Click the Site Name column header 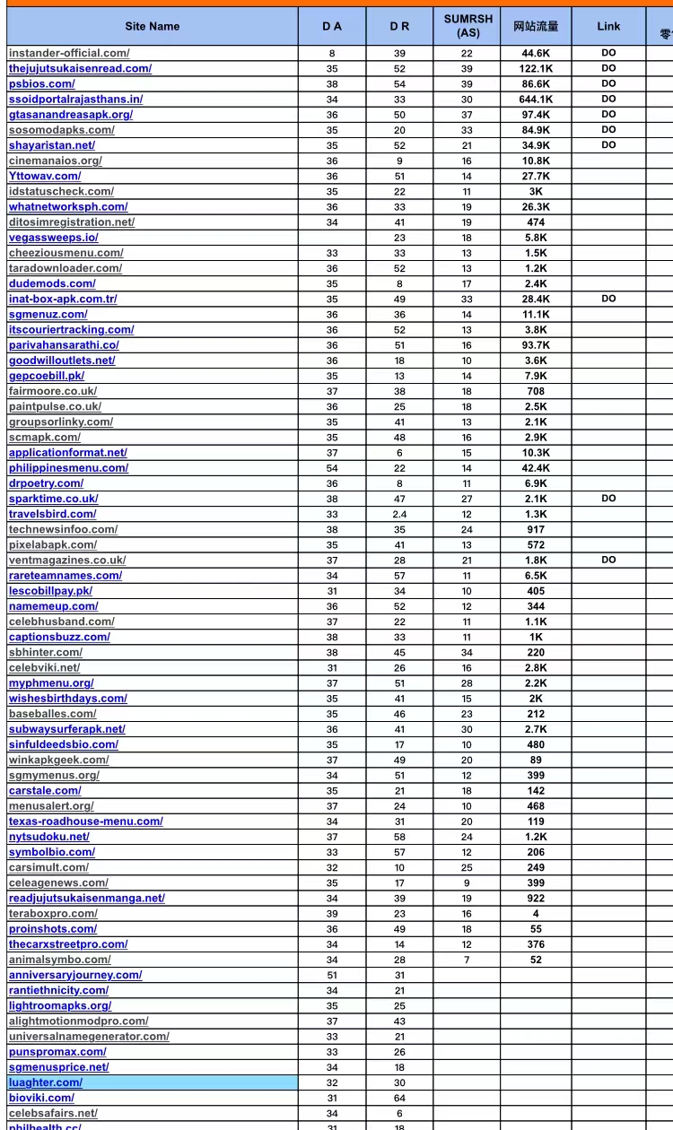tap(152, 26)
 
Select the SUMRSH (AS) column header tap(468, 26)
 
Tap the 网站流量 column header tap(536, 26)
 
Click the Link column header tap(608, 26)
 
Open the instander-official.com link tap(69, 53)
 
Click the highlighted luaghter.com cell tap(46, 1082)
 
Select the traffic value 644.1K tap(536, 100)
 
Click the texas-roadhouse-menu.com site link tap(86, 821)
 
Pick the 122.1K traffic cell tap(536, 69)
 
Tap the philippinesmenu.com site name tap(68, 468)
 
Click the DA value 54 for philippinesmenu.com tap(332, 468)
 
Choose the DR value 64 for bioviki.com tap(399, 1098)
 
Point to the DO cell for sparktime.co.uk tap(608, 499)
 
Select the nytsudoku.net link tap(49, 837)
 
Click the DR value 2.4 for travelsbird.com tap(399, 514)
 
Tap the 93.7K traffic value tap(536, 345)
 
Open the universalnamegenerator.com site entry tap(89, 1037)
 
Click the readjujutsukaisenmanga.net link tap(87, 899)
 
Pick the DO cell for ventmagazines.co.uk tap(608, 560)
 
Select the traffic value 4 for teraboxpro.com tap(536, 914)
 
